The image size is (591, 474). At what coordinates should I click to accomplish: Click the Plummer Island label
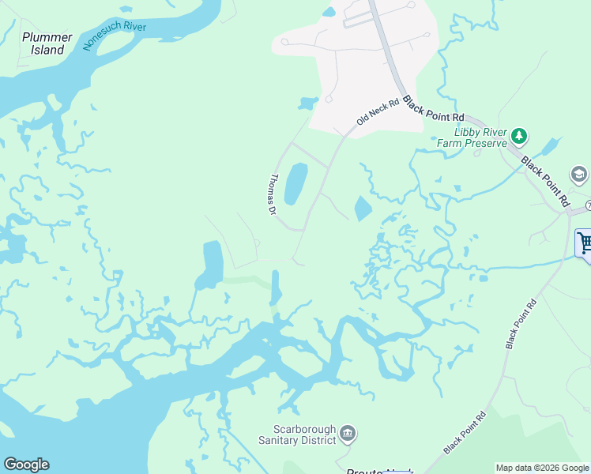tap(47, 43)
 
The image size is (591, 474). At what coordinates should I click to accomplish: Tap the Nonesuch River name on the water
tap(114, 36)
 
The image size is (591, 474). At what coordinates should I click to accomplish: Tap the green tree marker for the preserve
tap(519, 136)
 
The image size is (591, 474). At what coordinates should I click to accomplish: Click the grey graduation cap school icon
tap(578, 175)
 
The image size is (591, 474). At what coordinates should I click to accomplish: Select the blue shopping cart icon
tap(585, 243)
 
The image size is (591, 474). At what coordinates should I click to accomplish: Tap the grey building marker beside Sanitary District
tap(347, 434)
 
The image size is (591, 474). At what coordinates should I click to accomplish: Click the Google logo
tap(26, 465)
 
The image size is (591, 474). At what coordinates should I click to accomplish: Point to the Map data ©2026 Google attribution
tap(542, 468)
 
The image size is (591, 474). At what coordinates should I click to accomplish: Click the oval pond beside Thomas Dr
tap(295, 184)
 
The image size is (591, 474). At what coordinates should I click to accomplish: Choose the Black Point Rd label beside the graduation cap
tap(545, 180)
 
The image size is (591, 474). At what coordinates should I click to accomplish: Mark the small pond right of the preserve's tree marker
tap(550, 146)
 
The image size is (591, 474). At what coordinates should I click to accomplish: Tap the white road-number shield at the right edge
tap(588, 205)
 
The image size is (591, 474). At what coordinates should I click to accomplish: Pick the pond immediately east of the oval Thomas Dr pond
tap(363, 209)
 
